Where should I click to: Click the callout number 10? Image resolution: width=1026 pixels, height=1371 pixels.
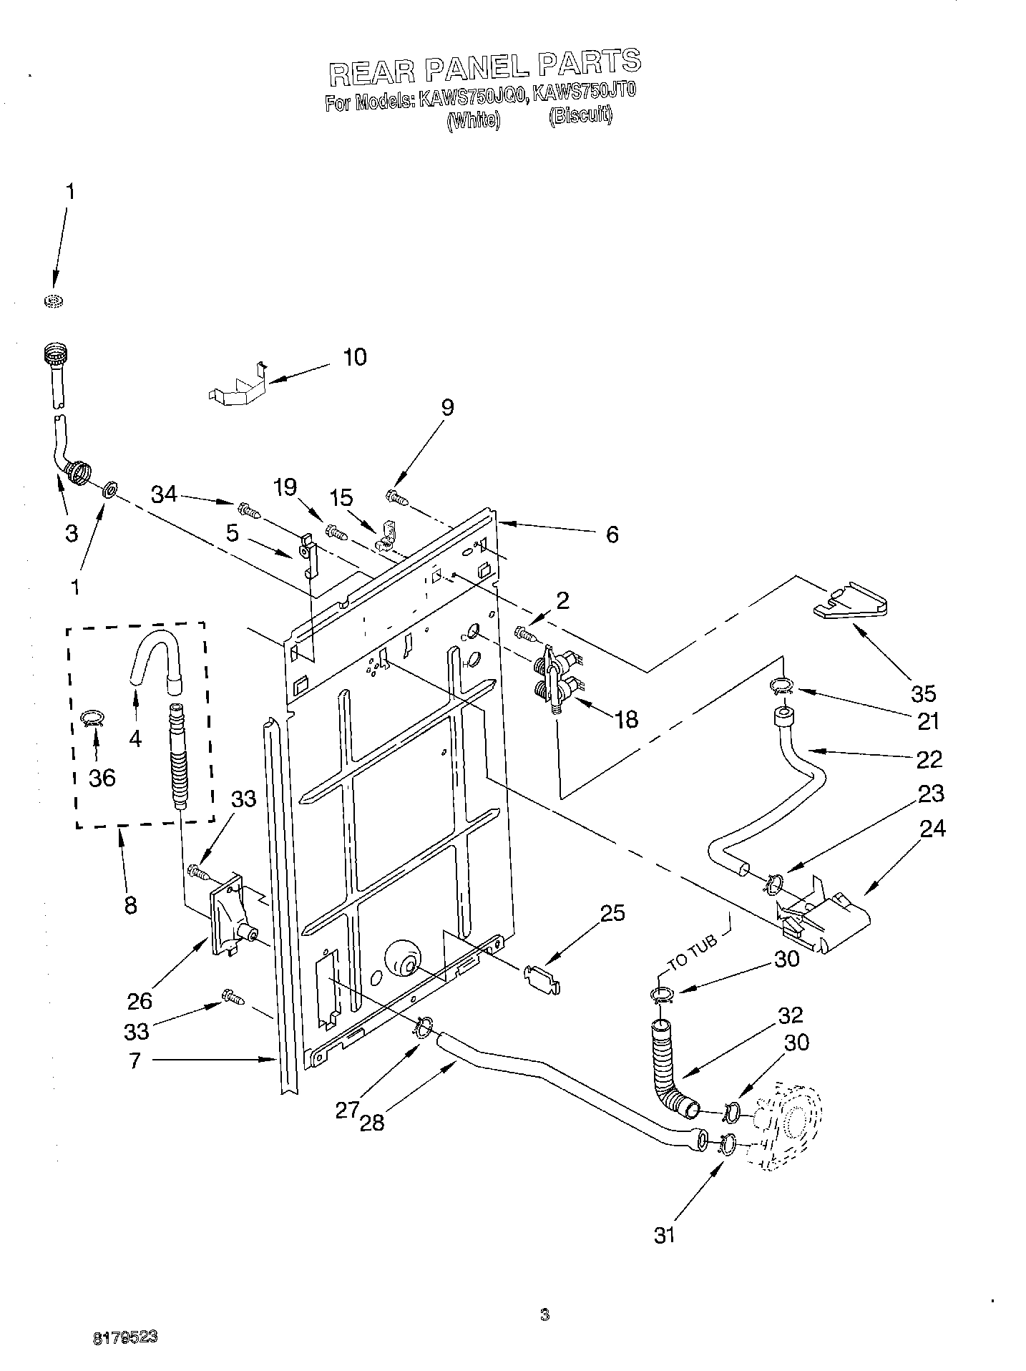click(x=355, y=356)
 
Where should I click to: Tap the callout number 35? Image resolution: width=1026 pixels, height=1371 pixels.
click(x=923, y=693)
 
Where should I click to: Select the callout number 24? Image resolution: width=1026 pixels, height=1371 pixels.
click(x=932, y=829)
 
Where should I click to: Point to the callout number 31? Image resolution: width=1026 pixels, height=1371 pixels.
click(x=665, y=1235)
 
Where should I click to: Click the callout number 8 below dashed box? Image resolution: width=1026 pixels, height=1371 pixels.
click(x=130, y=905)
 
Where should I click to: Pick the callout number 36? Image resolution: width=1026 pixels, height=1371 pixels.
click(x=102, y=777)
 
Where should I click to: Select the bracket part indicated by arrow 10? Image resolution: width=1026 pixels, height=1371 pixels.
click(x=238, y=386)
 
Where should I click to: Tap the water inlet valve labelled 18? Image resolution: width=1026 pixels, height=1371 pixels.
click(x=554, y=677)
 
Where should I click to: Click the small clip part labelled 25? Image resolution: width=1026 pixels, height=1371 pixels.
click(x=542, y=977)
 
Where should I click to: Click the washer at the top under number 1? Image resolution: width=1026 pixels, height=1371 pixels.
click(x=51, y=300)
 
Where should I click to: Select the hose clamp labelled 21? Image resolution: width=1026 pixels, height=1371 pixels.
click(x=781, y=687)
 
